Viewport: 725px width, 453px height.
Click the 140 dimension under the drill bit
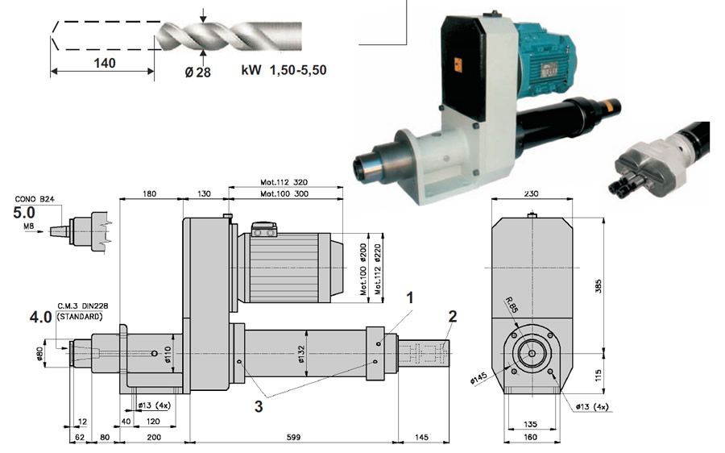(x=105, y=63)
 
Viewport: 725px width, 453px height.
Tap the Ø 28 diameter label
(x=198, y=73)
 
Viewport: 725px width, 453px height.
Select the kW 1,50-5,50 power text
(x=284, y=70)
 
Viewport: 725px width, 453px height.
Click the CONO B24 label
(x=35, y=199)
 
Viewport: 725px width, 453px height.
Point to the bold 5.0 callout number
(x=23, y=212)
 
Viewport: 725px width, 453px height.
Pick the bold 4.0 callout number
(x=40, y=317)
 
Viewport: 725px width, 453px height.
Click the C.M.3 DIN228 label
(x=83, y=305)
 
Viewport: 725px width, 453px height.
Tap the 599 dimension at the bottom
(x=293, y=437)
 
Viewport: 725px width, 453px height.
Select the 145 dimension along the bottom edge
(x=421, y=437)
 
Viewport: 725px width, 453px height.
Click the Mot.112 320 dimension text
(x=284, y=182)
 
